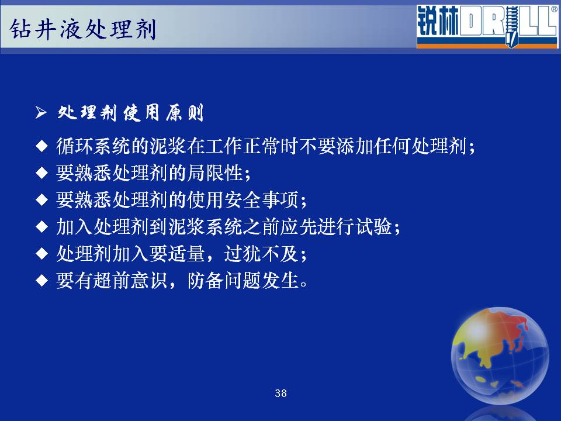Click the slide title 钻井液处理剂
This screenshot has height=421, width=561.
82,29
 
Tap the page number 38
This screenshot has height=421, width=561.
280,394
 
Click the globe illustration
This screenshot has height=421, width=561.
500,356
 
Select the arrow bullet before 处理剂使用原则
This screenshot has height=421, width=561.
41,113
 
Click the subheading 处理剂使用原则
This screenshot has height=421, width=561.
130,113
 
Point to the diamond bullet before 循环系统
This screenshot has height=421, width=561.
42,146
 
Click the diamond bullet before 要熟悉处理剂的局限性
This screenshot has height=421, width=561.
42,173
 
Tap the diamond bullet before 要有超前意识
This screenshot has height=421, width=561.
42,280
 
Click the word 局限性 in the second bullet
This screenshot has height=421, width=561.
214,173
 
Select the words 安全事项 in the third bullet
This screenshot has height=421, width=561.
261,200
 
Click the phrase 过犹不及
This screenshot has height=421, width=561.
261,253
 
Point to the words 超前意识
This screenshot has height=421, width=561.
130,280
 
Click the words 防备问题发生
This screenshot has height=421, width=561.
243,280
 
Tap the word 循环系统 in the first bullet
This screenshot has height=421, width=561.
93,146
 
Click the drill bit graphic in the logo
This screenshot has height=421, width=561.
512,27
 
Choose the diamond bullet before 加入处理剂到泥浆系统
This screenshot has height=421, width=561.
42,227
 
